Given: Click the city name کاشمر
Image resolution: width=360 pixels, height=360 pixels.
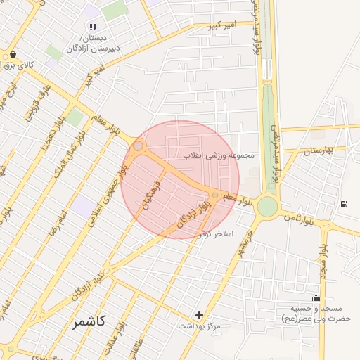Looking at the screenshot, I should click(x=89, y=322).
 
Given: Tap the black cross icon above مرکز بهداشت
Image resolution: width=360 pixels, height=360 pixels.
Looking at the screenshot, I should click(x=200, y=315).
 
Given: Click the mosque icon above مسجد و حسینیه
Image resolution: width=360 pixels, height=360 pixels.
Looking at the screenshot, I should click(x=315, y=297).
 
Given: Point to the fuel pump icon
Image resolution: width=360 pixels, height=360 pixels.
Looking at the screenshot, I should click(x=343, y=205).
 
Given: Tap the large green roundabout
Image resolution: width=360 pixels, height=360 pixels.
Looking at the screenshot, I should click(x=267, y=206).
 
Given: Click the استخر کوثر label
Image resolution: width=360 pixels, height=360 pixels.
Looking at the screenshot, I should click(x=216, y=232).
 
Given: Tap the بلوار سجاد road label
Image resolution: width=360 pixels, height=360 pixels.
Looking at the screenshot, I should click(x=326, y=262).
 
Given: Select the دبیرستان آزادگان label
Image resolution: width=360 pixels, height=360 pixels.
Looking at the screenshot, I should click(x=94, y=49).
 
